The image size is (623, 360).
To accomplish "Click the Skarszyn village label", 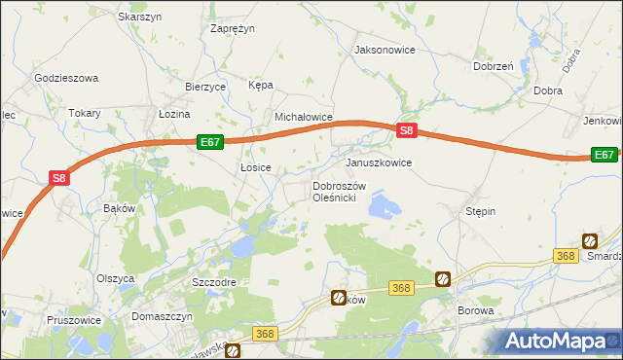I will click(138, 17).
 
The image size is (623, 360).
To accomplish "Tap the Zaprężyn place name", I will click(233, 28).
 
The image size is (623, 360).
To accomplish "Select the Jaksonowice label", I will click(385, 49).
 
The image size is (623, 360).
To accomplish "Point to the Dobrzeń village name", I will click(493, 66).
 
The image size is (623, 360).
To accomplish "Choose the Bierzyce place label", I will click(205, 86).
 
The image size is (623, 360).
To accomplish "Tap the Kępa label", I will click(260, 85).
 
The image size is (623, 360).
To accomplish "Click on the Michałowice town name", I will click(304, 117).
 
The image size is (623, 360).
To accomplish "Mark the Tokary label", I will click(85, 113).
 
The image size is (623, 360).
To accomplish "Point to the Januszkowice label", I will click(379, 162).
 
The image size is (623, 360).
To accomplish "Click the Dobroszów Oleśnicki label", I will click(338, 192).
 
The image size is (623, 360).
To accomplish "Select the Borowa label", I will click(476, 311).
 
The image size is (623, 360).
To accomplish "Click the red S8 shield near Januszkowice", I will click(408, 130).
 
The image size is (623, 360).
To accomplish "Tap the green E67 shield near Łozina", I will click(210, 142).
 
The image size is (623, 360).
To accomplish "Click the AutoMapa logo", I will click(557, 341).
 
